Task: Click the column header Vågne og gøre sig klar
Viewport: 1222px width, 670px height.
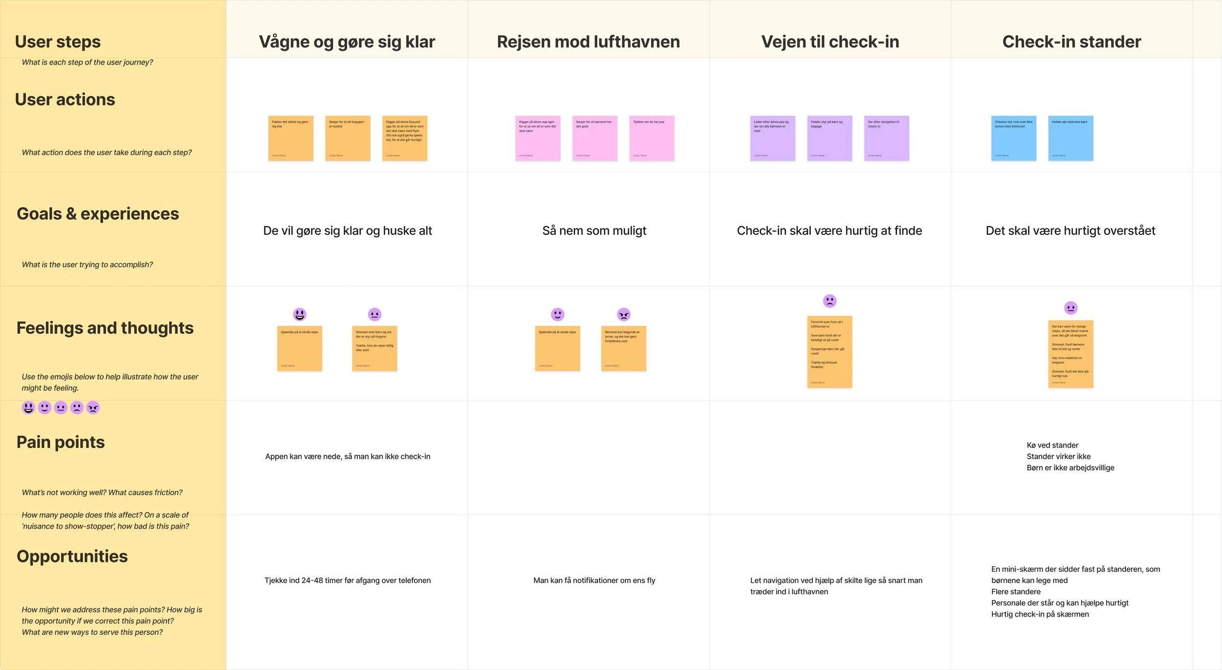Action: (x=347, y=42)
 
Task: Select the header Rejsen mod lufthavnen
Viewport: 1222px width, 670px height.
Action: (x=588, y=42)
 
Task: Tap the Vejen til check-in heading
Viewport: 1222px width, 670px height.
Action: (x=829, y=42)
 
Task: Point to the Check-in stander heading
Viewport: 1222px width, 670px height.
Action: (x=1071, y=42)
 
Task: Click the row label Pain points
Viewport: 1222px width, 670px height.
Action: (x=61, y=442)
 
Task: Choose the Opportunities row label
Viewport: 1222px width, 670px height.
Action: (x=72, y=556)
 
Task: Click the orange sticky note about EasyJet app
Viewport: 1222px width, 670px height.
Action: (x=404, y=138)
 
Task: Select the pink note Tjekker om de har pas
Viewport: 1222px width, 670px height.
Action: (x=652, y=138)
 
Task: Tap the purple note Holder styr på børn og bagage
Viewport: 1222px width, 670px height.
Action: (x=829, y=138)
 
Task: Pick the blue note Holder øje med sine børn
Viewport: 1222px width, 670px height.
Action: (x=1070, y=138)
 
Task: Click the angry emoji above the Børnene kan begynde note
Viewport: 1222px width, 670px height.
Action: (x=623, y=314)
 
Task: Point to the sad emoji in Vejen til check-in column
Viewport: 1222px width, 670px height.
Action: (x=829, y=301)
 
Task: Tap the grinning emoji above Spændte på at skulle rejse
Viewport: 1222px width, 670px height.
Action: (x=300, y=314)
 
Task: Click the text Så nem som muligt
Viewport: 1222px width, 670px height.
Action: (x=594, y=230)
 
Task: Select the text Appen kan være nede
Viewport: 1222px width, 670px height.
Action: (x=348, y=456)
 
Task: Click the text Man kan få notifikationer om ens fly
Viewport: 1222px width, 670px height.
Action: (x=594, y=581)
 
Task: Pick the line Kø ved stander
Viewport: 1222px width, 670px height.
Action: (x=1052, y=445)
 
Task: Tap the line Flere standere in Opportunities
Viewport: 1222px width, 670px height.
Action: (x=1016, y=592)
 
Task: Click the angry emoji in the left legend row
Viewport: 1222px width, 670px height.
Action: (x=93, y=407)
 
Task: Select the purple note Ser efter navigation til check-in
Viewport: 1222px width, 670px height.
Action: (x=886, y=138)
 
